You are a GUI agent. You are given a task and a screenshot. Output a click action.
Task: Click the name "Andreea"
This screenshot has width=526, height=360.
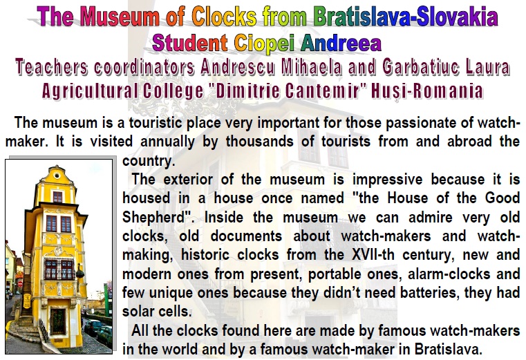[341, 43]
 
